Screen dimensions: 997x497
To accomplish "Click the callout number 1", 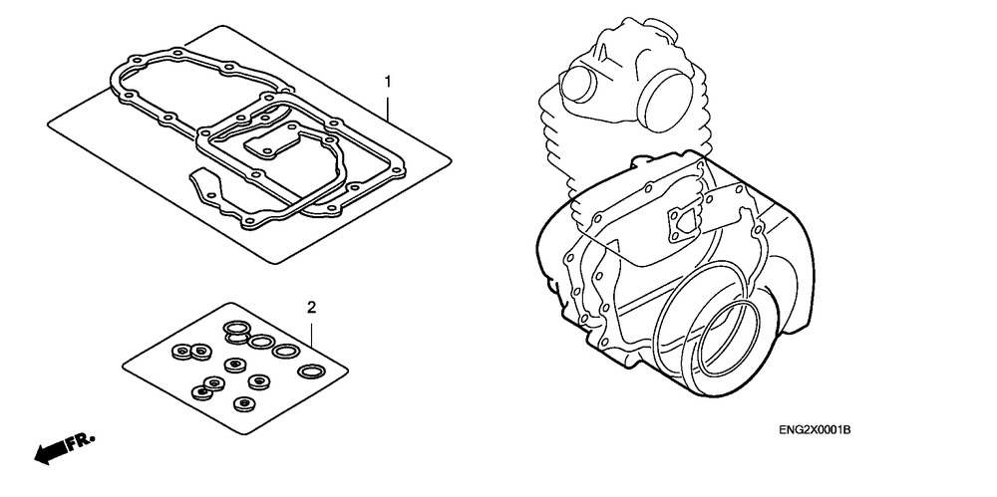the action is (x=387, y=82).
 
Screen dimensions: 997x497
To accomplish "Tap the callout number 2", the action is (x=311, y=308).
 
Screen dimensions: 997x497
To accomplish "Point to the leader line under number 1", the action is (x=388, y=107).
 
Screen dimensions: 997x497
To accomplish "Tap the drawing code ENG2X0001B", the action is (x=815, y=430).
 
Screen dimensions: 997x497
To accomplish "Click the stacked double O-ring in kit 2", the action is (x=236, y=331).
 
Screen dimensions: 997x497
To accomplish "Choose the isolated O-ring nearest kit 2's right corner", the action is (x=311, y=371).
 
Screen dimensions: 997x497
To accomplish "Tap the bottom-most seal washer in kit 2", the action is (x=243, y=403).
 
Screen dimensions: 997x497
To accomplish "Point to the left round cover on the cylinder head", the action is (x=577, y=84).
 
